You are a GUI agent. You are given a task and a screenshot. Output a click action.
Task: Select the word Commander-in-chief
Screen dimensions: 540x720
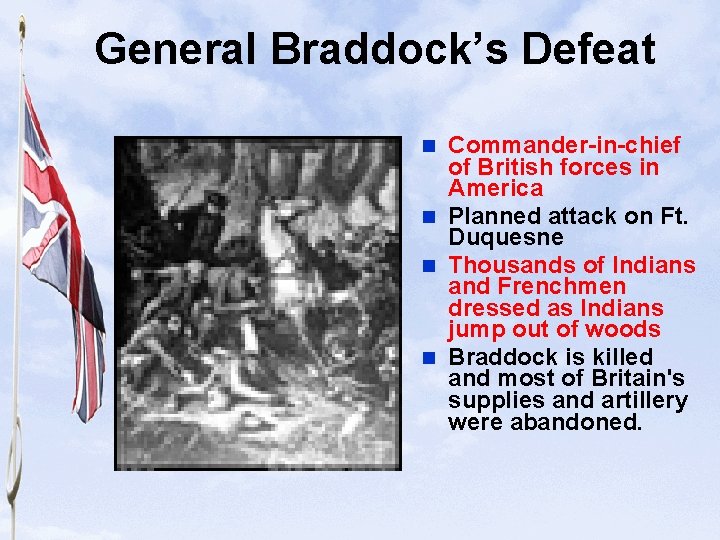tap(564, 146)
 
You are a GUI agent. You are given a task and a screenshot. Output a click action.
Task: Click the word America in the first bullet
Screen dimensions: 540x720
tap(496, 188)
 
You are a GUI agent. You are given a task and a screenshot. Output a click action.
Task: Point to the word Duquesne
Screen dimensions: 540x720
tap(506, 238)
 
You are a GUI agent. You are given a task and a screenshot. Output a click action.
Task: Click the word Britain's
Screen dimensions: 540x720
tap(637, 378)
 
